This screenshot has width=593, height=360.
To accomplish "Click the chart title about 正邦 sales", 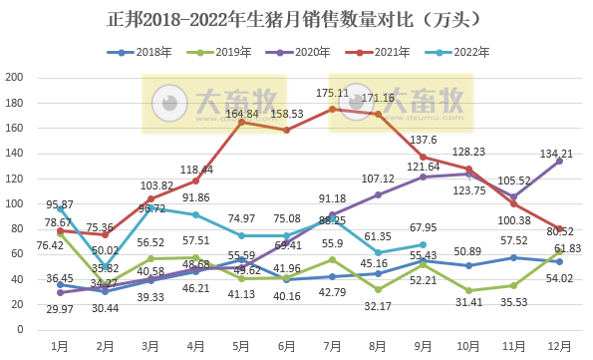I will [x=296, y=19].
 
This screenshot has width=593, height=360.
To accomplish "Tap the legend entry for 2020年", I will [x=299, y=52].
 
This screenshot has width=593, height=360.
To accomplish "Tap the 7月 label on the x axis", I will [x=331, y=345].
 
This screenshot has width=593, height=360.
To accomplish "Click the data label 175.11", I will [x=331, y=93].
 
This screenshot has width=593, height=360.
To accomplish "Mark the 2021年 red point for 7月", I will [x=332, y=109].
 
